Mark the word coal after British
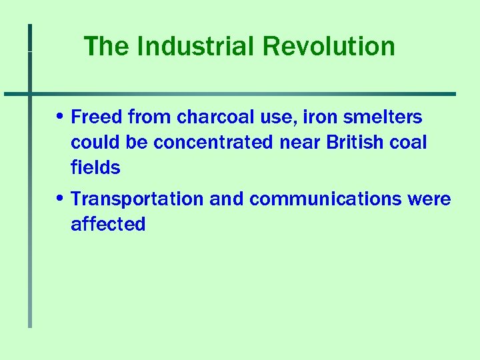(x=412, y=143)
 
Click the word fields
(x=95, y=168)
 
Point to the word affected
(x=108, y=225)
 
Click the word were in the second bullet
(x=432, y=199)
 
